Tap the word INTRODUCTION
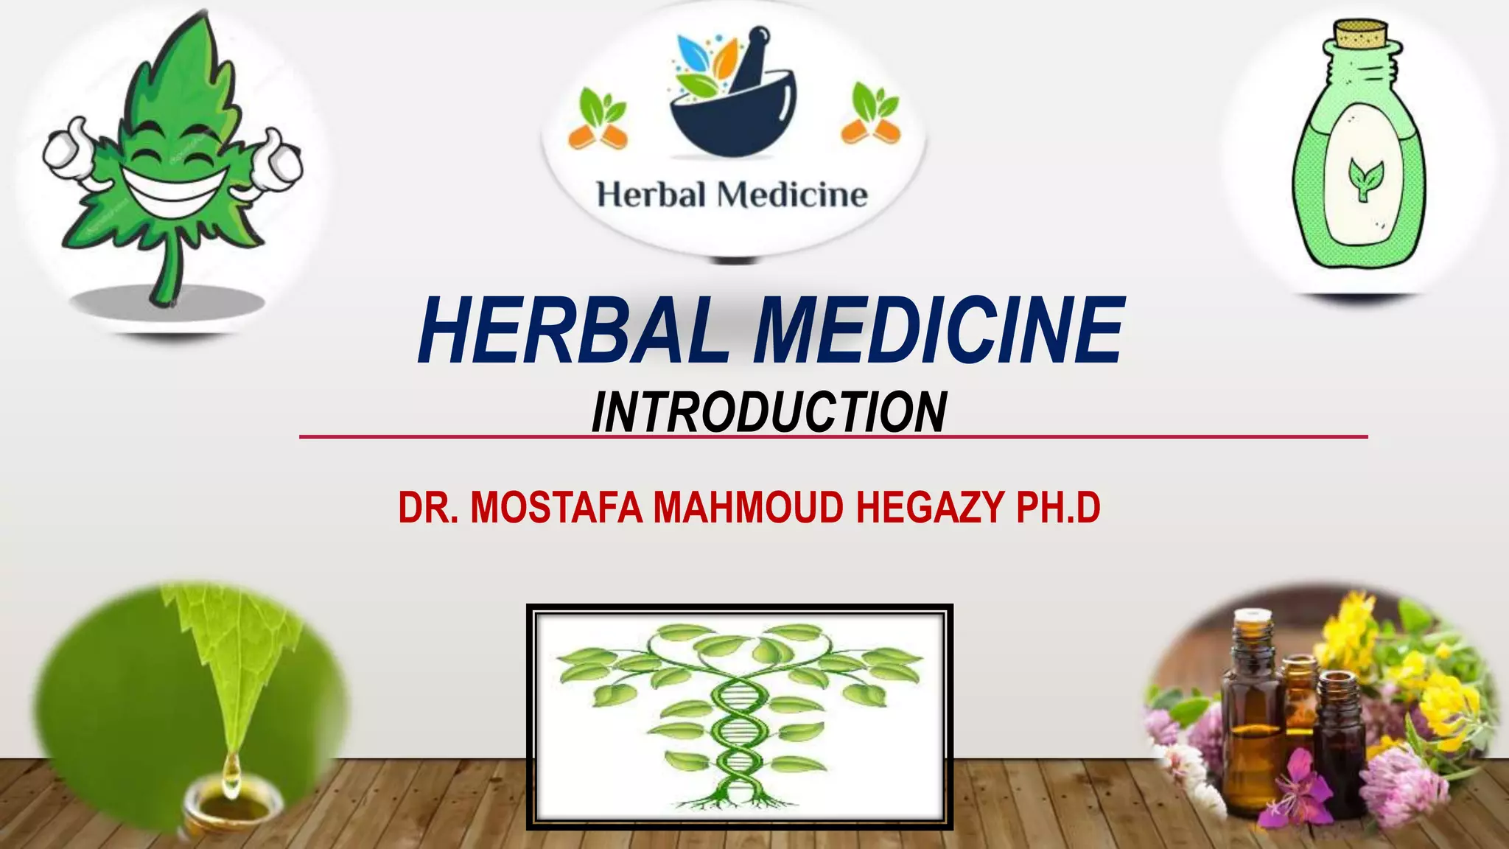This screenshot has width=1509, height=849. pyautogui.click(x=768, y=413)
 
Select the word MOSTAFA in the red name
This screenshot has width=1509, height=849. pyautogui.click(x=556, y=508)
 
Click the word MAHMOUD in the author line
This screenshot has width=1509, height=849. pyautogui.click(x=748, y=508)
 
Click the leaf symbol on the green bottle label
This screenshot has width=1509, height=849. pyautogui.click(x=1365, y=177)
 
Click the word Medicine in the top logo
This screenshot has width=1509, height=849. pyautogui.click(x=792, y=195)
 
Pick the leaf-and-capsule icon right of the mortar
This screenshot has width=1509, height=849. pyautogui.click(x=872, y=114)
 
